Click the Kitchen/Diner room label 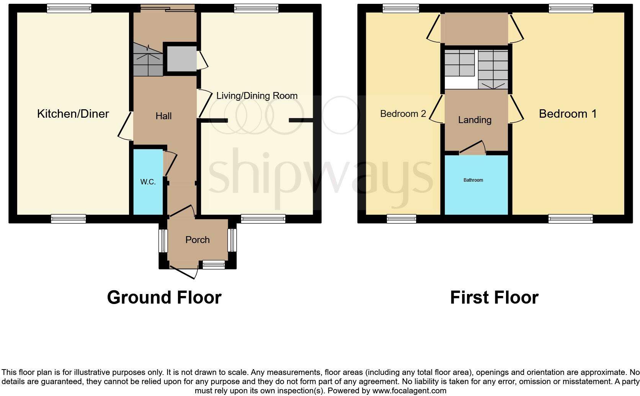coord(73,113)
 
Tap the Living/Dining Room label coord(257,96)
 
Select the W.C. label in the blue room coord(148,182)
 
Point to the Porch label coord(198,240)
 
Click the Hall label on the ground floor coord(163,116)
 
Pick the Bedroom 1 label coord(568,113)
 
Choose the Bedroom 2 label coord(403,114)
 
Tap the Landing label coord(475,120)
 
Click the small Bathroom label coord(473,180)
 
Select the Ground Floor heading coord(164,297)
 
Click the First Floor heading coord(494,297)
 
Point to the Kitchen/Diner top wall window coord(69,8)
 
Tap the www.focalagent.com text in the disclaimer coord(409,391)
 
